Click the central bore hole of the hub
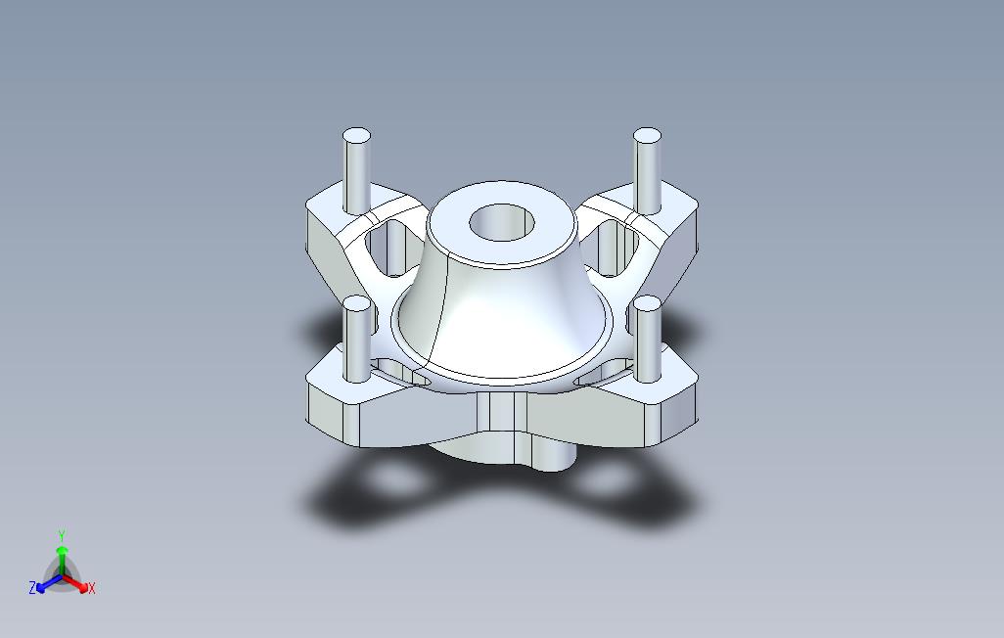(502, 222)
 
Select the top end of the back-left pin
(356, 137)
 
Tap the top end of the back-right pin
(647, 137)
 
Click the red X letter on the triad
(91, 588)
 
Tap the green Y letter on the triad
(61, 535)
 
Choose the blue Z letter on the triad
(32, 588)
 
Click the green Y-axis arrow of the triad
(62, 556)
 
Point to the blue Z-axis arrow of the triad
(45, 583)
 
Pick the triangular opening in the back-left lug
(386, 250)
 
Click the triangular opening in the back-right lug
(616, 250)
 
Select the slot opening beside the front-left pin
(391, 371)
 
